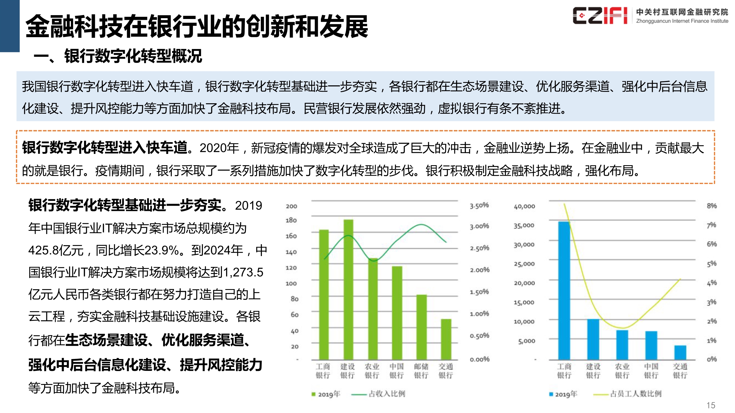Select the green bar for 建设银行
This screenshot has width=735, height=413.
[x=348, y=289]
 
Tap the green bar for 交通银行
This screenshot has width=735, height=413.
[x=446, y=339]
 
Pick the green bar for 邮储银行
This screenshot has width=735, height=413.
[x=422, y=327]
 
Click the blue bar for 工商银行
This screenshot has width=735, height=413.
[x=564, y=290]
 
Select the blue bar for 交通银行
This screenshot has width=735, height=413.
[x=680, y=352]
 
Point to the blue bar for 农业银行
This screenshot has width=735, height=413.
[x=622, y=345]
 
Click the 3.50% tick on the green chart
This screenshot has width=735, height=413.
[x=479, y=205]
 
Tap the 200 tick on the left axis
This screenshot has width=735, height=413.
[x=291, y=206]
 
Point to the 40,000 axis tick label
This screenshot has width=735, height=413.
[x=524, y=206]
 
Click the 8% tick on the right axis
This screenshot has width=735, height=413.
[x=712, y=206]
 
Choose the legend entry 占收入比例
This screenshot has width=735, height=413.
[x=387, y=394]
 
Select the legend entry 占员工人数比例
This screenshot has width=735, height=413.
[x=635, y=394]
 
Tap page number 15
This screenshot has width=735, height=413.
[x=711, y=405]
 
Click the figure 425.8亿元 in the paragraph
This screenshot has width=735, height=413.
[x=56, y=251]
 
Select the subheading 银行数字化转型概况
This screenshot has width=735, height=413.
[x=133, y=56]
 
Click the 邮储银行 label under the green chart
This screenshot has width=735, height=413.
[x=421, y=371]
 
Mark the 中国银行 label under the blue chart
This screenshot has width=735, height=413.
[x=651, y=371]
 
